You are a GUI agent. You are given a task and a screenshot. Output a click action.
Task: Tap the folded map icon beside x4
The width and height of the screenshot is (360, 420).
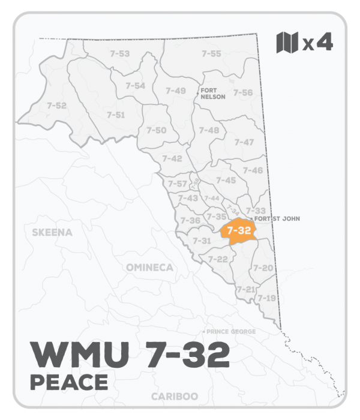(x=287, y=43)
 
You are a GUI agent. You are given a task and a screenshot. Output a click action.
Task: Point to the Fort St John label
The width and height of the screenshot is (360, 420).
(x=277, y=219)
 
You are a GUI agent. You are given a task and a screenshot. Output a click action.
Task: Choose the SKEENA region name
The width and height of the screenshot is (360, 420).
(x=53, y=232)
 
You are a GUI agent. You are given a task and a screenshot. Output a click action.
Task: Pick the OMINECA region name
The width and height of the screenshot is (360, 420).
(x=149, y=267)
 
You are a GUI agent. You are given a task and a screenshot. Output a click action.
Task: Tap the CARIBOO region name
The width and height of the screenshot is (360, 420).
(x=173, y=397)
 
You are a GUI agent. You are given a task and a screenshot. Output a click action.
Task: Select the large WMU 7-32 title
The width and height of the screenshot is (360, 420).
(x=129, y=355)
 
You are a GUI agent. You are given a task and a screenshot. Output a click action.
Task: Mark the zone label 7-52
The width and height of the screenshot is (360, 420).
(x=56, y=106)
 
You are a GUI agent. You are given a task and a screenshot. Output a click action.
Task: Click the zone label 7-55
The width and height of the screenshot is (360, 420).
(x=211, y=54)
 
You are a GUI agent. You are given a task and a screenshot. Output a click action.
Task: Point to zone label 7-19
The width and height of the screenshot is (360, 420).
(x=266, y=298)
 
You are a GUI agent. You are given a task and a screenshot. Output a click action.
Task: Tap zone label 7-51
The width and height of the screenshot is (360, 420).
(x=115, y=115)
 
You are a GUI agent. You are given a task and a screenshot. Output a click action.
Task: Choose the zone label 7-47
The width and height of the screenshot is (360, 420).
(x=244, y=142)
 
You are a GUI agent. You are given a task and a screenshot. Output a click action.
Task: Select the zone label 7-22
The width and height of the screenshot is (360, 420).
(x=217, y=259)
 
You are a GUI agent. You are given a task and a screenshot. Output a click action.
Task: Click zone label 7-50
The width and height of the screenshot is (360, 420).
(x=157, y=130)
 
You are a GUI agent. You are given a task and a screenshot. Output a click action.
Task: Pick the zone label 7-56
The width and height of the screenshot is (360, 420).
(x=243, y=92)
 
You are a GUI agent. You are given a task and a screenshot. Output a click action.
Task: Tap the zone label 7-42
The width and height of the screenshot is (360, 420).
(x=172, y=158)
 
